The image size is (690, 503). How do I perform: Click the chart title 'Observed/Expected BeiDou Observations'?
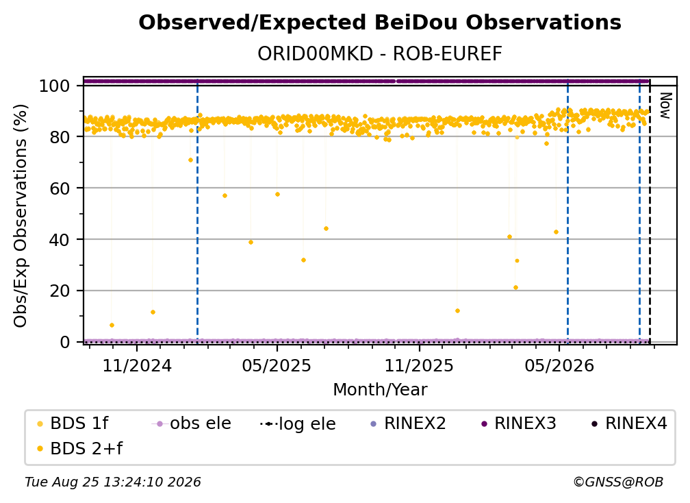(380, 23)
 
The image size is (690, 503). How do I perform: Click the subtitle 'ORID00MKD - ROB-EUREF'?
(380, 54)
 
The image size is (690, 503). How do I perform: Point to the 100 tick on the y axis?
(55, 86)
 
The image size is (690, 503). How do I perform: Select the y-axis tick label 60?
(60, 188)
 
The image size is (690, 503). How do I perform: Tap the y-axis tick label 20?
(60, 291)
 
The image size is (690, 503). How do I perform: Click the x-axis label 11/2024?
(137, 365)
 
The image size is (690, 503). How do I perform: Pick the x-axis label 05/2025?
(277, 365)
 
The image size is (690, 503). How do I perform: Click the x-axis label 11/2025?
(420, 365)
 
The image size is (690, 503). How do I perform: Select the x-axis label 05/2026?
(559, 365)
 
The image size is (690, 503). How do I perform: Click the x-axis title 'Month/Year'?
(380, 389)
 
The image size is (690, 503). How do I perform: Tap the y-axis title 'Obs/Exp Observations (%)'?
(21, 216)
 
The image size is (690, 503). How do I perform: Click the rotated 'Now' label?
(665, 106)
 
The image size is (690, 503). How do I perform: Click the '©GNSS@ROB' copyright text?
(618, 482)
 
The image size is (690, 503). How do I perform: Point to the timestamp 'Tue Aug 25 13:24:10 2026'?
(113, 482)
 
